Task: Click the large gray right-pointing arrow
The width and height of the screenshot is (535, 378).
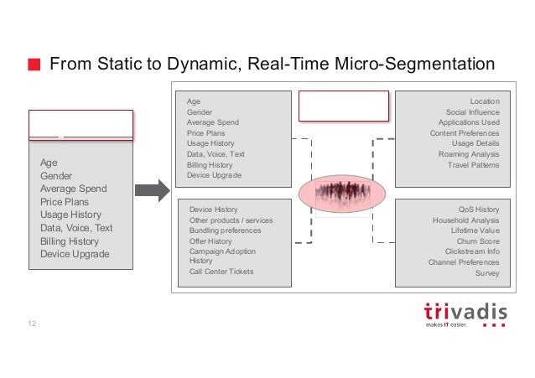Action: [152, 190]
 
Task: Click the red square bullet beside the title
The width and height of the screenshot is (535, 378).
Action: [34, 65]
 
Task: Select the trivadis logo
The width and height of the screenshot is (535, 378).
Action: [466, 313]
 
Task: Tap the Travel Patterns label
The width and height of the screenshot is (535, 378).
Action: [473, 165]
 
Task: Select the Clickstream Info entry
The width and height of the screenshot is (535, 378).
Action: [472, 251]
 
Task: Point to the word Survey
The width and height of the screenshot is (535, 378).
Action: [486, 272]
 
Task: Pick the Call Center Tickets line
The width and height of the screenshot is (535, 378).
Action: [221, 272]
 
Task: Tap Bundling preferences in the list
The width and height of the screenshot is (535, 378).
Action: [225, 230]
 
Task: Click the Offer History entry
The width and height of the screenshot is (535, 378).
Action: [210, 241]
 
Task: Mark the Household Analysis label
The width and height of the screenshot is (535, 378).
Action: [465, 220]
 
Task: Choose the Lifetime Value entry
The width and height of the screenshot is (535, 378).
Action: [475, 230]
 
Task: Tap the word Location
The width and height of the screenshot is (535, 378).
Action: [484, 101]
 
